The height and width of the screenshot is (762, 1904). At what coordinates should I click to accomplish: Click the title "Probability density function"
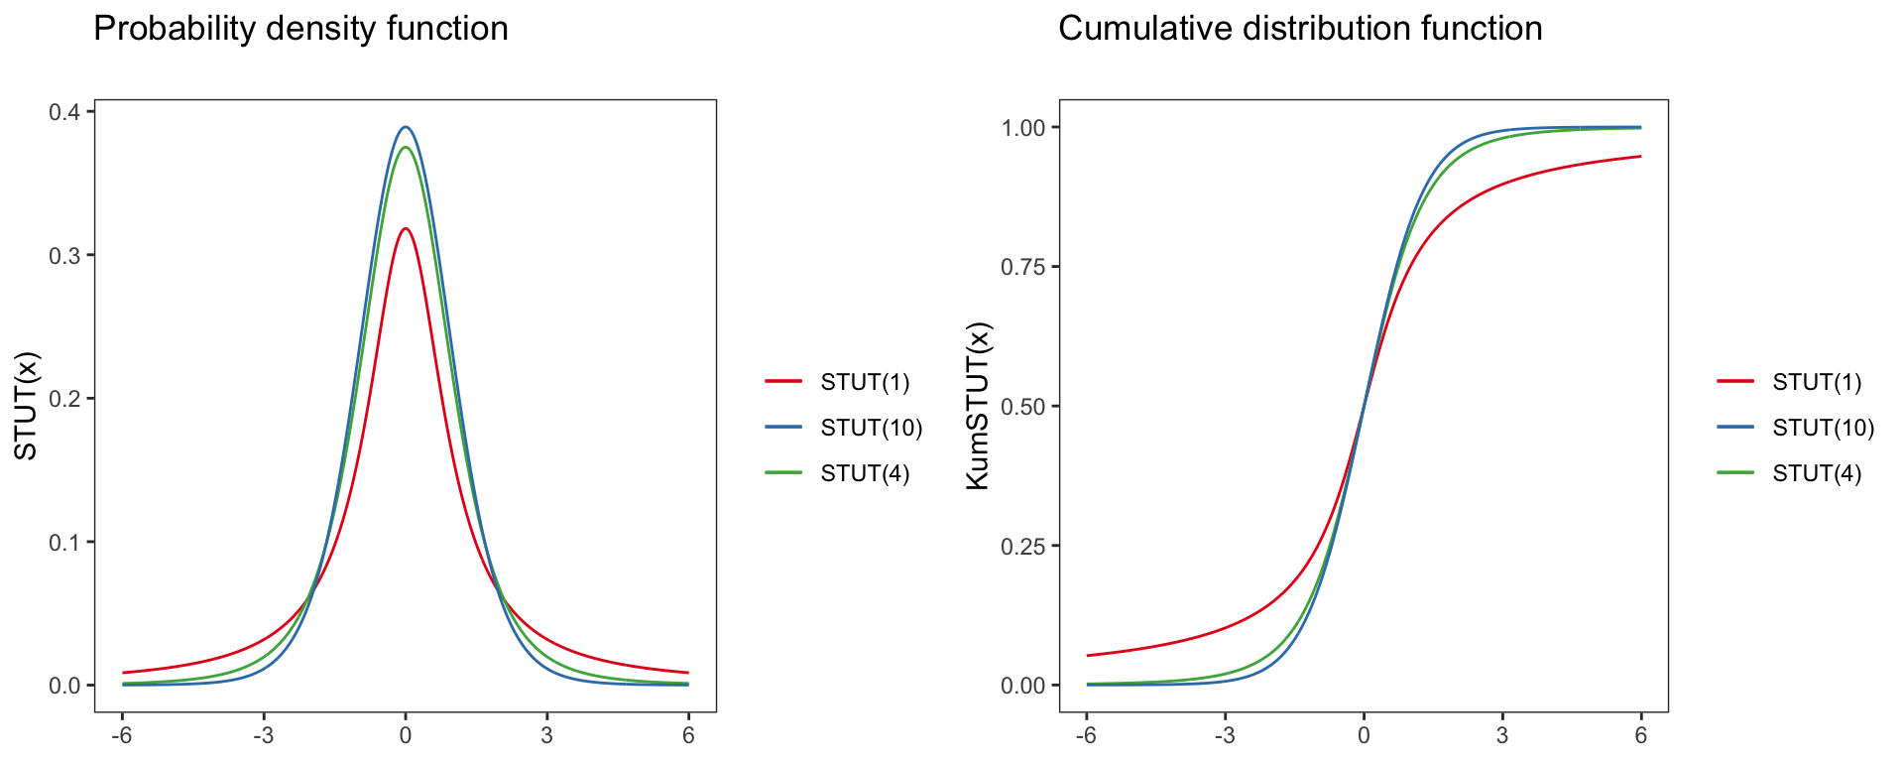tap(300, 29)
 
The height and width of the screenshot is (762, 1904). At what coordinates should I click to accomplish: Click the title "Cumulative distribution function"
tap(1300, 29)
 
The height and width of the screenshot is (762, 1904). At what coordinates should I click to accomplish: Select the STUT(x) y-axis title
tap(27, 406)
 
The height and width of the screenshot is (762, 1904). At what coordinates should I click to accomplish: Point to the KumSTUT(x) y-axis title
tap(978, 406)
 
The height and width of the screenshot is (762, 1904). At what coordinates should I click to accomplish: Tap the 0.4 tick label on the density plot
tap(65, 112)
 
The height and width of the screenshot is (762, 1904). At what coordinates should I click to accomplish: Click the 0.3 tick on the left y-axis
tap(65, 255)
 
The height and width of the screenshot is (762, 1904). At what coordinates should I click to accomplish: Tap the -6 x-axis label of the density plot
tap(122, 736)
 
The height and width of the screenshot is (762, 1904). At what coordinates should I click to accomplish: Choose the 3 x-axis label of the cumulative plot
tap(1502, 736)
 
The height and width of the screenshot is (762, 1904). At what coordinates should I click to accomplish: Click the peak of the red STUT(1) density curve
tap(406, 229)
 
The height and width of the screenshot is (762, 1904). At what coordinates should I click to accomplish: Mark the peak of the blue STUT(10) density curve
tap(406, 127)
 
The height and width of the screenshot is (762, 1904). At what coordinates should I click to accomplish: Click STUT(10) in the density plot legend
tap(871, 428)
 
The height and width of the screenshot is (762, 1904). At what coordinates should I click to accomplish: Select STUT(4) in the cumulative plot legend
tap(1817, 473)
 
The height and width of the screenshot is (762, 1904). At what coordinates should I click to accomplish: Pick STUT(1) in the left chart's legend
tap(865, 382)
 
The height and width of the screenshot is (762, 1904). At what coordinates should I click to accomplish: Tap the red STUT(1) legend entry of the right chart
tap(1817, 382)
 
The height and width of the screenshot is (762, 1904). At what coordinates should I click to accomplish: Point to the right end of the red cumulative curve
tap(1640, 157)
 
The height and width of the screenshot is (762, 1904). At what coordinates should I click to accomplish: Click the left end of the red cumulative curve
tap(1088, 655)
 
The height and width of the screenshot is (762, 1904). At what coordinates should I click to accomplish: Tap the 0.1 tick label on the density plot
tap(65, 542)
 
